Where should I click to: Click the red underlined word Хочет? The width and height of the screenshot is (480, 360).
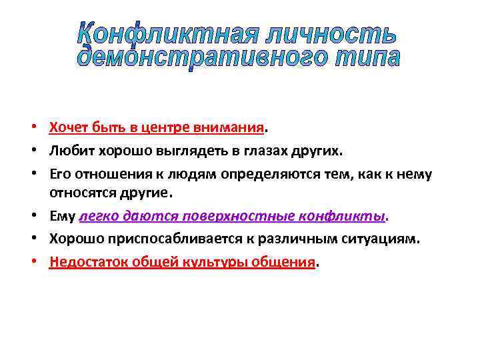pyautogui.click(x=65, y=127)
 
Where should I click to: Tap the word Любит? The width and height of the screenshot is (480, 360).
pyautogui.click(x=67, y=151)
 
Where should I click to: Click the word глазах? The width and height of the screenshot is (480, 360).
pyautogui.click(x=263, y=151)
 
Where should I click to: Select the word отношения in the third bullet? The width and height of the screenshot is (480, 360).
pyautogui.click(x=103, y=174)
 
